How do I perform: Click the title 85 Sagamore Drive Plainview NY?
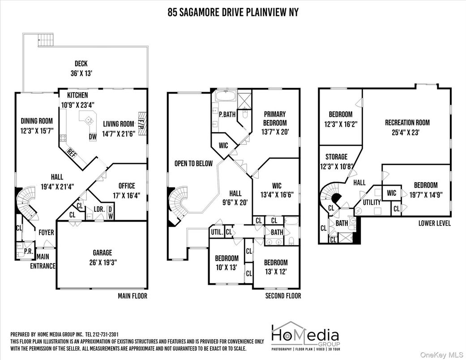pos(233,12)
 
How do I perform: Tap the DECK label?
pos(81,64)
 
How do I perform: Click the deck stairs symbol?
pos(46,40)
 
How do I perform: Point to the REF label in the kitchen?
pos(72,152)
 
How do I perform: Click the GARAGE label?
pos(102,253)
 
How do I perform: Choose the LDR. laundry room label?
pos(99,210)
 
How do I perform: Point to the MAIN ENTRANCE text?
pos(43,261)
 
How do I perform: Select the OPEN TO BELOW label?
pos(193,163)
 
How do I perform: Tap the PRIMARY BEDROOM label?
pos(275,118)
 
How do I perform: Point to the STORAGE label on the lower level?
pos(336,157)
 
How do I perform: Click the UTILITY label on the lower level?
pos(371,202)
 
